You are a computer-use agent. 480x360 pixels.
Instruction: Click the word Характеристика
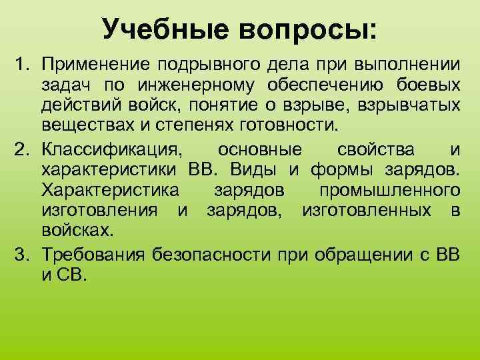click(110, 190)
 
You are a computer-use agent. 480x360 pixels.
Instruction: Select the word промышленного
click(389, 190)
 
